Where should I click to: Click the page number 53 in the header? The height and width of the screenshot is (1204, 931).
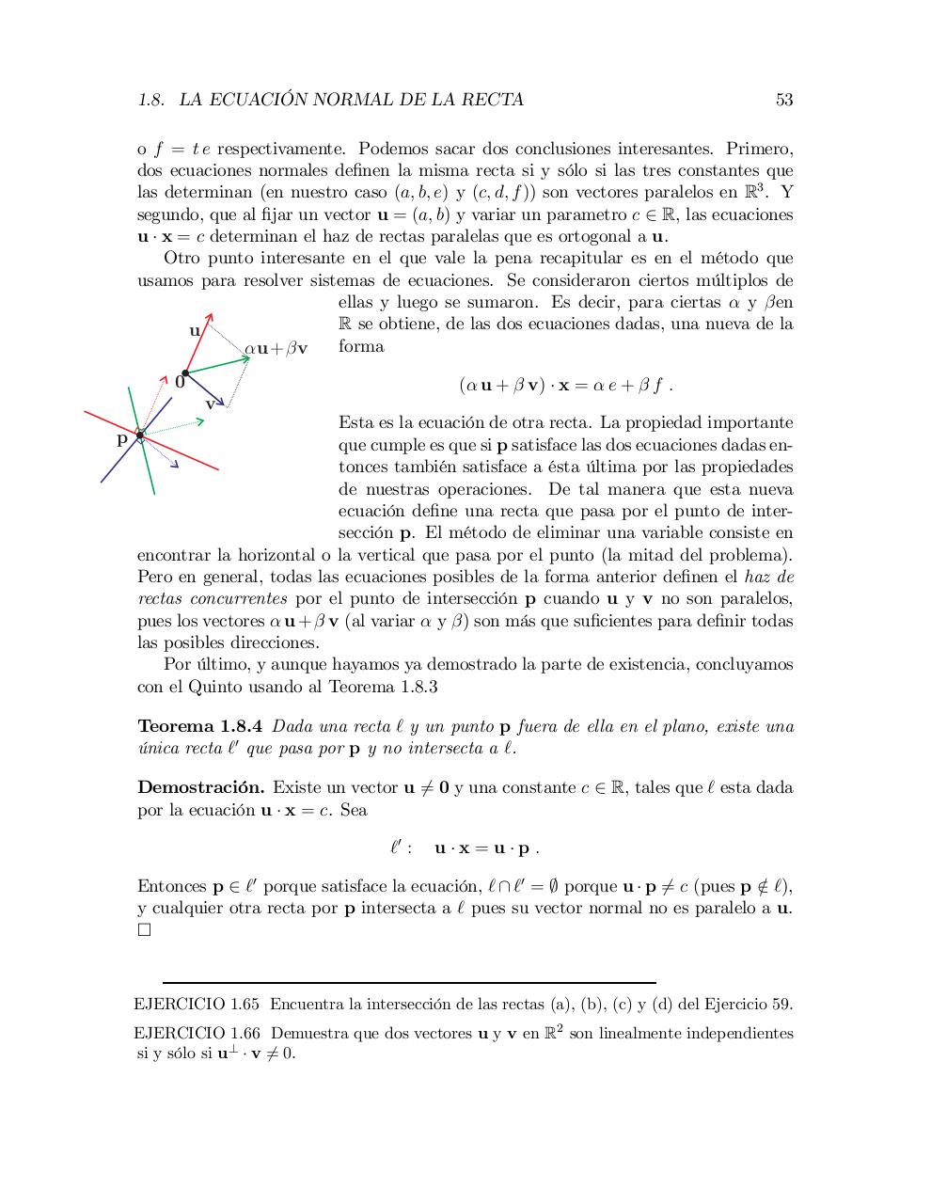click(x=783, y=100)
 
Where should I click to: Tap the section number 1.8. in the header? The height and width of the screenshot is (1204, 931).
click(x=151, y=100)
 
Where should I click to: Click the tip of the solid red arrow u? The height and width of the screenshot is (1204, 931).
click(x=211, y=314)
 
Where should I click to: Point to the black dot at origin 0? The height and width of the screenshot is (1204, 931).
click(x=185, y=373)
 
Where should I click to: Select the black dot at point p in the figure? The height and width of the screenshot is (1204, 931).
click(x=139, y=435)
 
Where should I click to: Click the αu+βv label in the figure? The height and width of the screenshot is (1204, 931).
click(x=276, y=349)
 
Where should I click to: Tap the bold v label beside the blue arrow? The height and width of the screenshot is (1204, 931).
click(x=211, y=403)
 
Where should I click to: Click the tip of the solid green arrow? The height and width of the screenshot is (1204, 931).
click(x=248, y=357)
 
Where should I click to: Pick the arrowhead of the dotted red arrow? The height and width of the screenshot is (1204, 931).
click(x=165, y=378)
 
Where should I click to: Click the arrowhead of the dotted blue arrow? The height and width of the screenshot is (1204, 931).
click(x=175, y=463)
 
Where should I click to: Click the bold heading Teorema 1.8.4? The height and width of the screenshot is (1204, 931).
click(x=199, y=726)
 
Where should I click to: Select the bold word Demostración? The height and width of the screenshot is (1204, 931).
click(x=200, y=787)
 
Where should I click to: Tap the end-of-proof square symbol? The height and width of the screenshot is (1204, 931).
click(x=144, y=930)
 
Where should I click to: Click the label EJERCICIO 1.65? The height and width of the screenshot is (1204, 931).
click(x=197, y=1004)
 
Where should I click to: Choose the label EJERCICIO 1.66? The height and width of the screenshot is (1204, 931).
click(x=197, y=1033)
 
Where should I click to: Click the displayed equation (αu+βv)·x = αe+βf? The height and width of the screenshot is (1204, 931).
click(x=565, y=385)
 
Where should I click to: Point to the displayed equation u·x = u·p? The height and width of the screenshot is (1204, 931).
click(x=465, y=848)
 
